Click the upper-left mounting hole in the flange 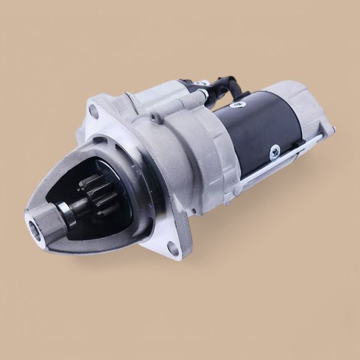click(x=94, y=109)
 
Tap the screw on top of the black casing click(x=237, y=105)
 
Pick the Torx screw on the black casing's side click(x=274, y=151)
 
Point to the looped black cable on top click(x=226, y=86)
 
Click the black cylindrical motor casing click(x=257, y=129)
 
